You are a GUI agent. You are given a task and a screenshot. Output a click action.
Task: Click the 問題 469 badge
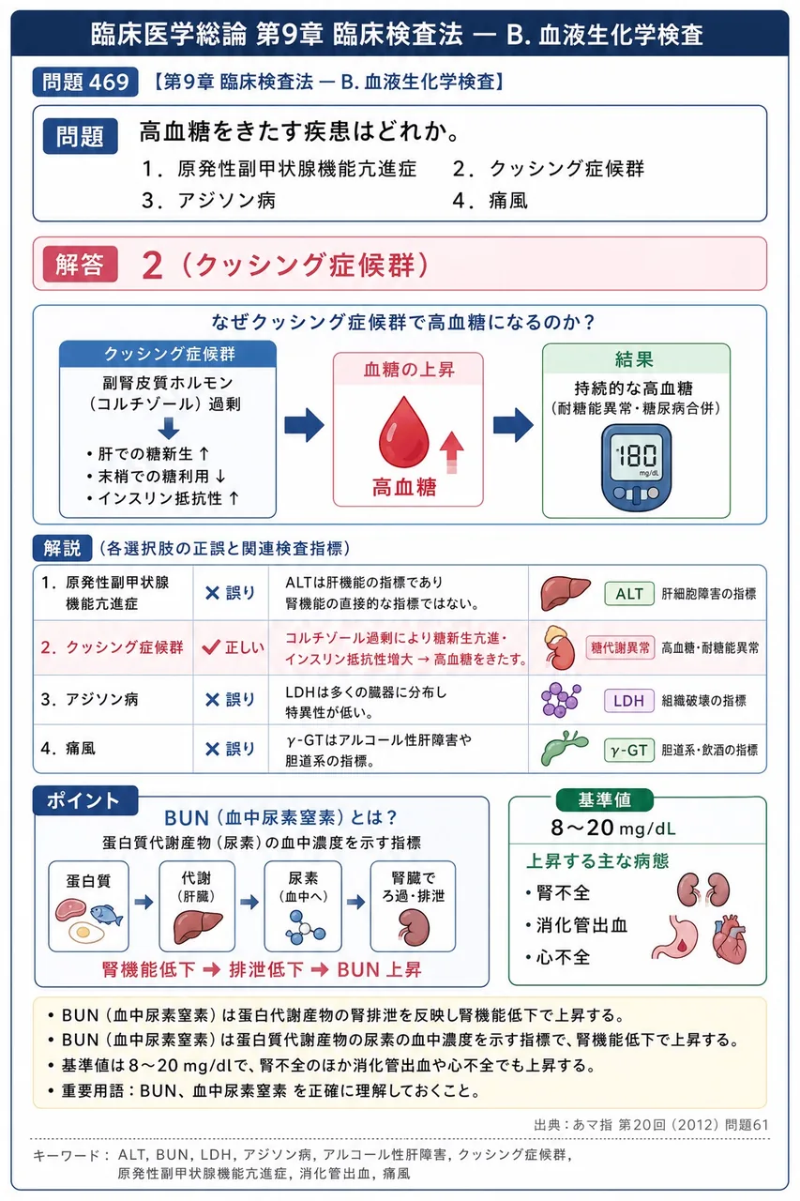pyautogui.click(x=85, y=82)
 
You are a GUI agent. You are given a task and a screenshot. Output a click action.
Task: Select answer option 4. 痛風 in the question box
pyautogui.click(x=490, y=201)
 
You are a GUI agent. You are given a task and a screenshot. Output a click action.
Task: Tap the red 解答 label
pyautogui.click(x=80, y=265)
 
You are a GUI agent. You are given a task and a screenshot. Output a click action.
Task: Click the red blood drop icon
pyautogui.click(x=404, y=433)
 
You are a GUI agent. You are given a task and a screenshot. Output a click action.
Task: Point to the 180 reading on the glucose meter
pyautogui.click(x=637, y=456)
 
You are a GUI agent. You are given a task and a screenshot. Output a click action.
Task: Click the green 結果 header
pyautogui.click(x=636, y=358)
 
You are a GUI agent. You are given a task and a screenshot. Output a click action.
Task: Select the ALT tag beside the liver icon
pyautogui.click(x=629, y=594)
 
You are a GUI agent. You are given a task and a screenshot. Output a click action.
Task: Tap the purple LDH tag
pyautogui.click(x=629, y=700)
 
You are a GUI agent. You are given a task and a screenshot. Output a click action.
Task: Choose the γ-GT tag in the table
pyautogui.click(x=629, y=750)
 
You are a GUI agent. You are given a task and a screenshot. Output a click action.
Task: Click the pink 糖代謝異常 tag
pyautogui.click(x=620, y=647)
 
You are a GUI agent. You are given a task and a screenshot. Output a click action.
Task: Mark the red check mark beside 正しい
pyautogui.click(x=211, y=647)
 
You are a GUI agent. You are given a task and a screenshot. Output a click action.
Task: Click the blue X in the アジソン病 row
pyautogui.click(x=213, y=700)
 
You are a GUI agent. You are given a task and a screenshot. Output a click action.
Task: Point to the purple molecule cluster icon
pyautogui.click(x=561, y=699)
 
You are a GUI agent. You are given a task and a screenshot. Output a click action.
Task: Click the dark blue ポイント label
pyautogui.click(x=84, y=800)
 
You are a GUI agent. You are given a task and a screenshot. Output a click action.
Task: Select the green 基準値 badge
pyautogui.click(x=604, y=800)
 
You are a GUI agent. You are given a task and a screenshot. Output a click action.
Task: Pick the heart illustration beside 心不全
pyautogui.click(x=729, y=939)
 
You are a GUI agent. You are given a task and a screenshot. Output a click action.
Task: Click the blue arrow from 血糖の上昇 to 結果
pyautogui.click(x=513, y=425)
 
